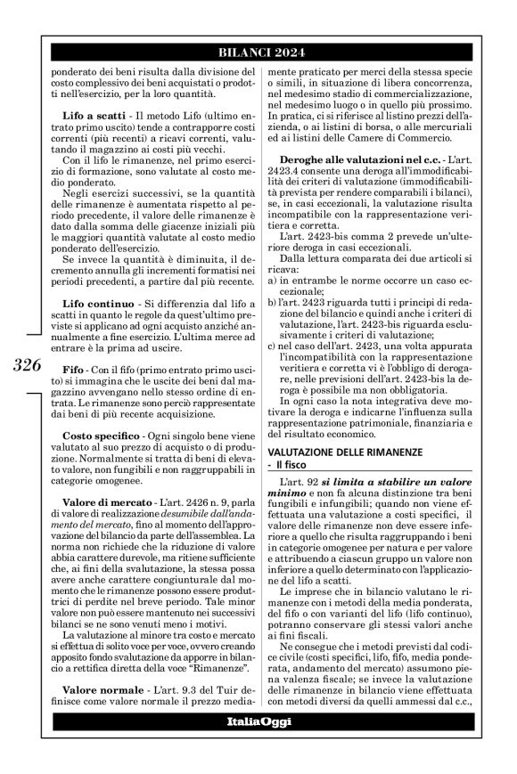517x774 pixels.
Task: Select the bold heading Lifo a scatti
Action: pos(92,118)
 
